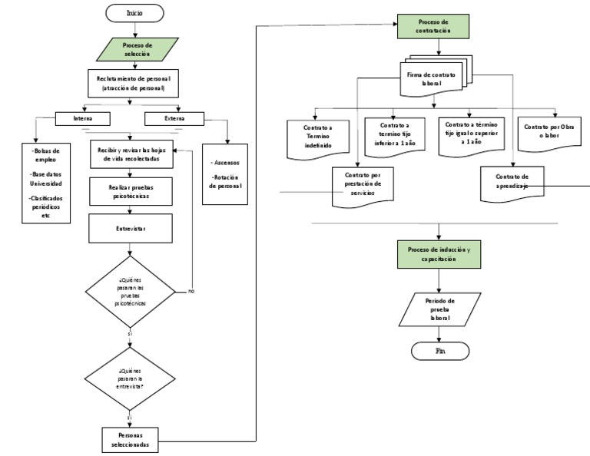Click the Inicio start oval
pos(134,12)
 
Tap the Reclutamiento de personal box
pos(133,83)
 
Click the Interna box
pos(83,119)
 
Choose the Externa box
pos(174,119)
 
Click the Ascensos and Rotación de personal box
pos(225,174)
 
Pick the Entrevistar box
pos(129,228)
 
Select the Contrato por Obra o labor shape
pos(549,131)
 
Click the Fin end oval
pos(440,350)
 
